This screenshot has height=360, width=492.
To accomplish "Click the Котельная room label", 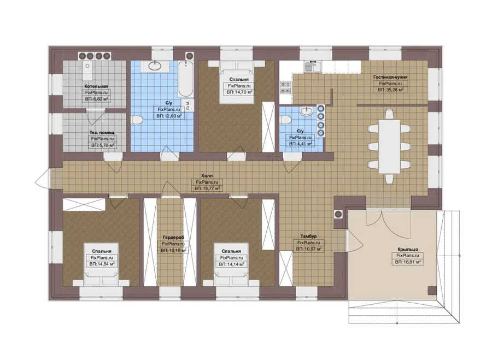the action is pyautogui.click(x=96, y=86).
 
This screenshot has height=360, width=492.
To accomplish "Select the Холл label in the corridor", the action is pyautogui.click(x=207, y=176).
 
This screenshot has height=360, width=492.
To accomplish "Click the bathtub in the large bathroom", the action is pyautogui.click(x=185, y=79).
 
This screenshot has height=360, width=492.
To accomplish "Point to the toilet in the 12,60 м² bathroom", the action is pyautogui.click(x=137, y=120).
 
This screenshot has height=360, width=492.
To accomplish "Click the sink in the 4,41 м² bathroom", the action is pyautogui.click(x=306, y=111).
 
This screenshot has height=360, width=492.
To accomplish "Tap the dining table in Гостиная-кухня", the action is pyautogui.click(x=389, y=146).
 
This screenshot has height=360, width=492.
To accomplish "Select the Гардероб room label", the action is pyautogui.click(x=173, y=238).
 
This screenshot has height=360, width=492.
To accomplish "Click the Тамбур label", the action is pyautogui.click(x=308, y=236).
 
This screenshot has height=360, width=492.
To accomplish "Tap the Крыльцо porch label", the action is pyautogui.click(x=408, y=249).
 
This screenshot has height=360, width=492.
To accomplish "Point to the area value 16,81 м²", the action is pyautogui.click(x=408, y=262).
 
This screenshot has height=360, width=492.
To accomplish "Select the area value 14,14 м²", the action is pyautogui.click(x=232, y=264).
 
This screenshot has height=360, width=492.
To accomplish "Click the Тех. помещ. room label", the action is pyautogui.click(x=102, y=133).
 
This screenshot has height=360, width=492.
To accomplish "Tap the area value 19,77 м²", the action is pyautogui.click(x=207, y=188).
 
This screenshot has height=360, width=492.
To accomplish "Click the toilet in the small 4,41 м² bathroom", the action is pyautogui.click(x=285, y=120).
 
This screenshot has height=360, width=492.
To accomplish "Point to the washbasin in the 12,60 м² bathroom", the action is pyautogui.click(x=154, y=66).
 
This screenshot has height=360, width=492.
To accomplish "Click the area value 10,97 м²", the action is pyautogui.click(x=308, y=249).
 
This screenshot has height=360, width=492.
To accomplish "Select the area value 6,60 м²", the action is pyautogui.click(x=96, y=99).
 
